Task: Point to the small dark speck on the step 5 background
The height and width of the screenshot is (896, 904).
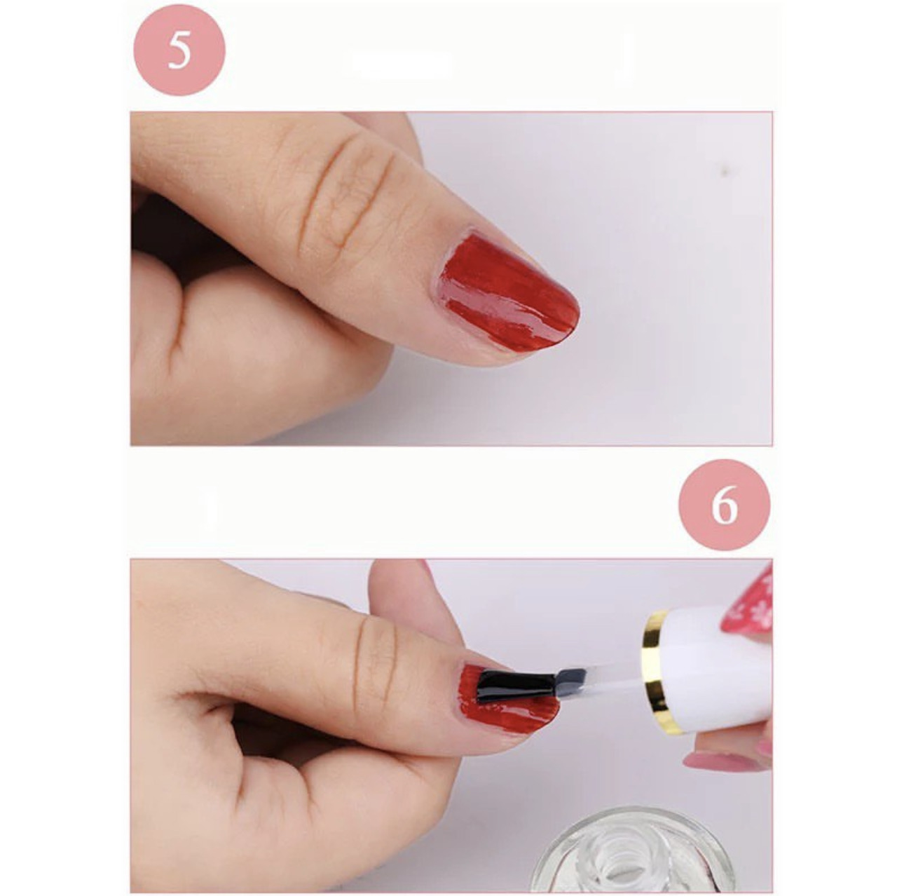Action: coord(727,173)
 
